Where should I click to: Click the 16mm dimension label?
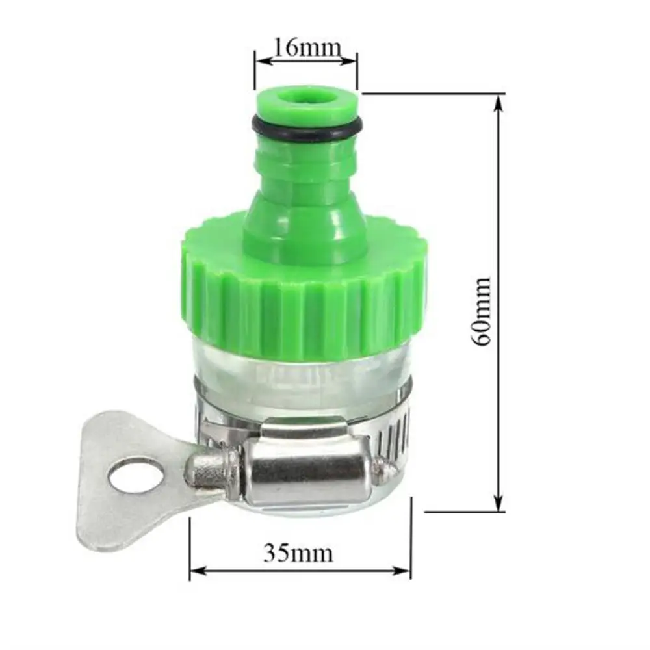click(307, 47)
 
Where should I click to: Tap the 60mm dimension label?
click(482, 312)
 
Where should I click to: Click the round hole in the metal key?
click(135, 475)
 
